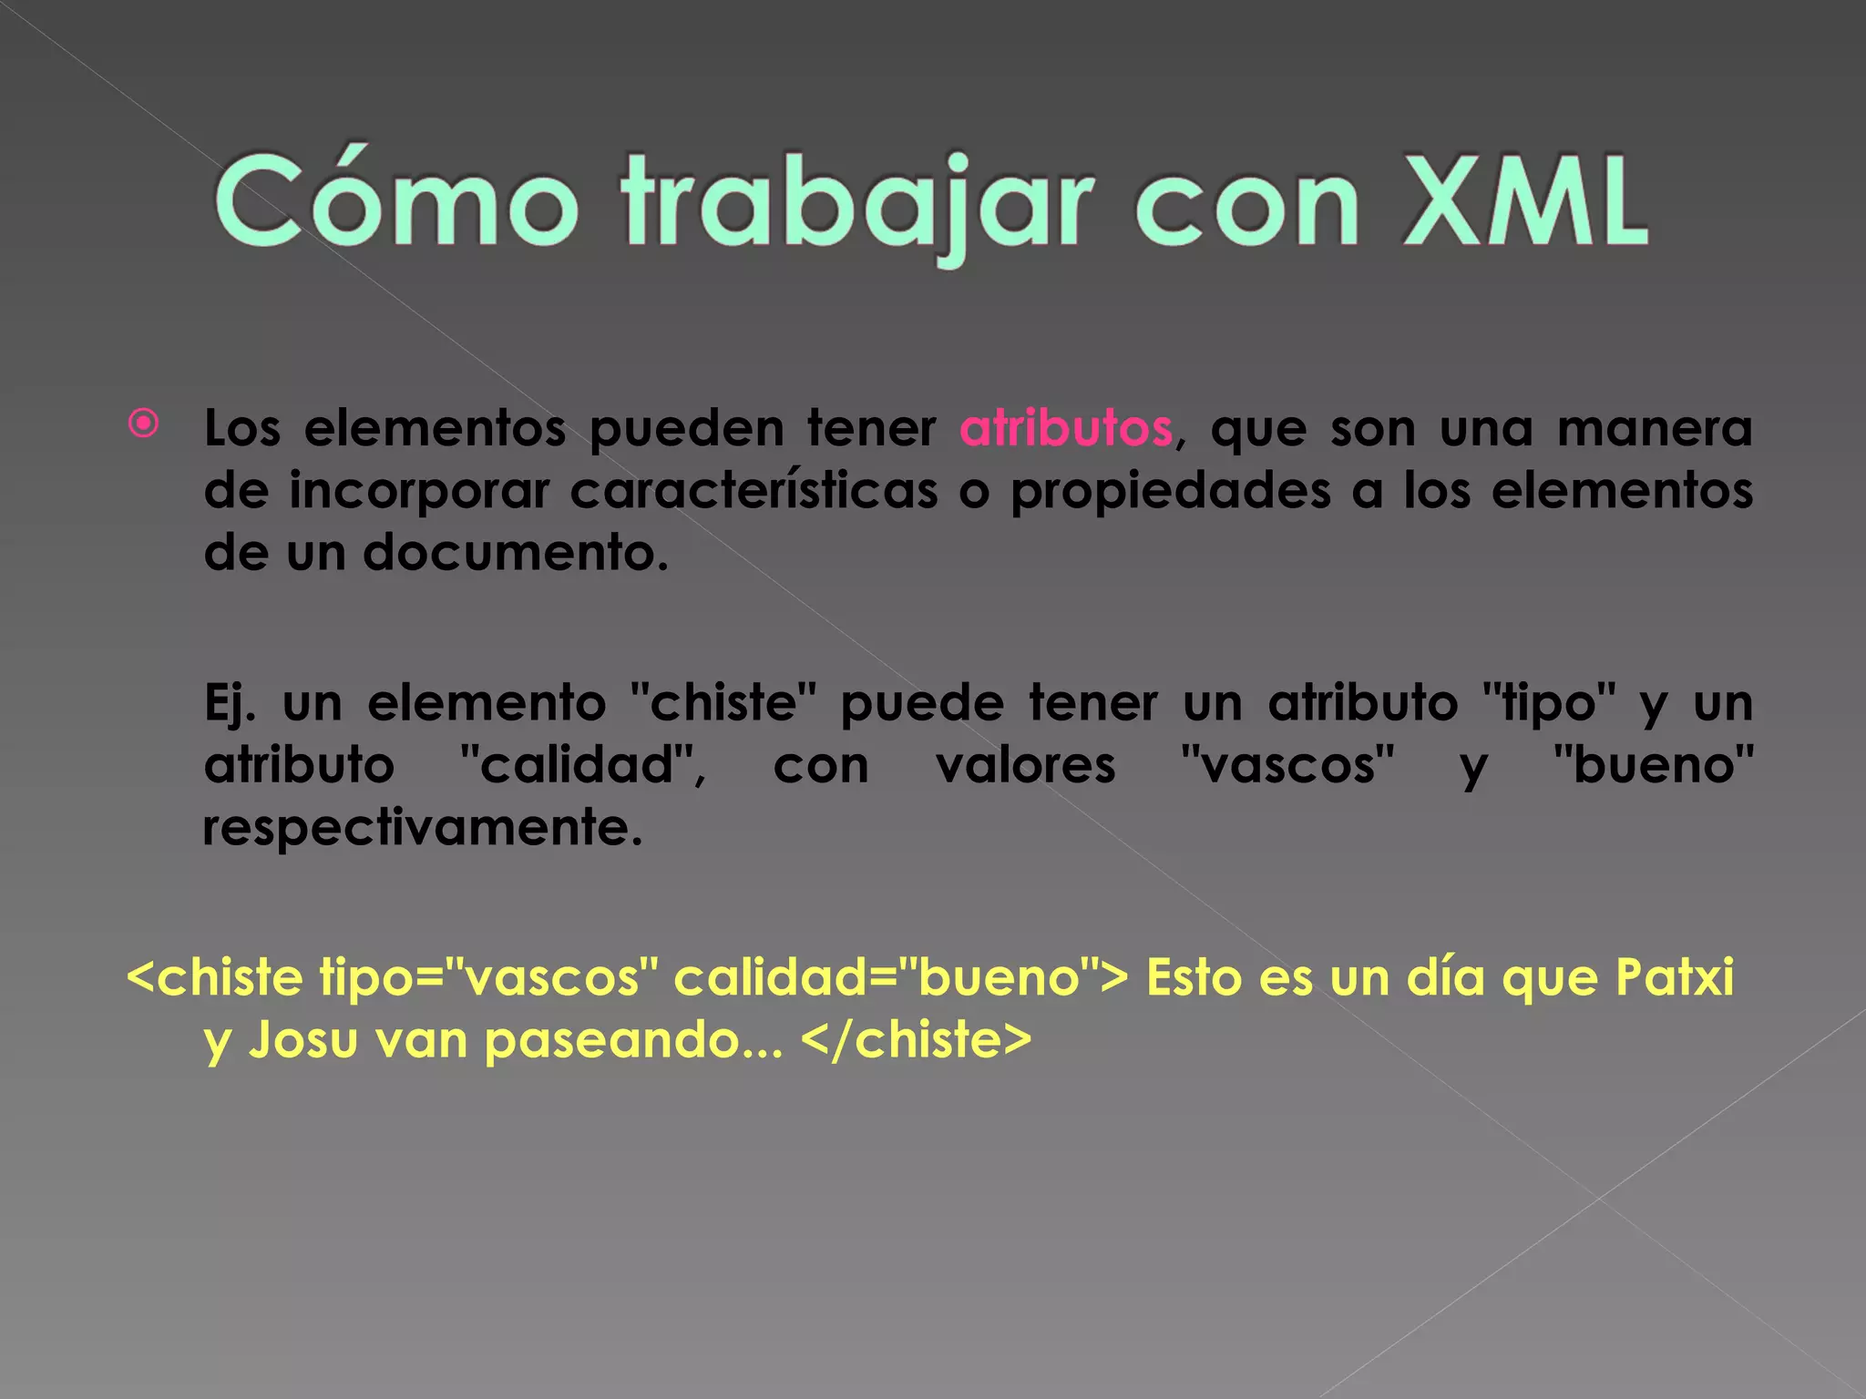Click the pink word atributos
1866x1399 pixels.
(x=1066, y=428)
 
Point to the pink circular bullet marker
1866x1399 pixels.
(x=144, y=424)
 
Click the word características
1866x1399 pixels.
(x=754, y=491)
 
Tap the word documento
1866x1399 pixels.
(x=515, y=553)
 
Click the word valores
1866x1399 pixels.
(x=1025, y=765)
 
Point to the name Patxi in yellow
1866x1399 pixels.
(x=1674, y=977)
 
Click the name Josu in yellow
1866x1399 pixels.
(x=303, y=1039)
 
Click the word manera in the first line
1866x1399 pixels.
(x=1654, y=428)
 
